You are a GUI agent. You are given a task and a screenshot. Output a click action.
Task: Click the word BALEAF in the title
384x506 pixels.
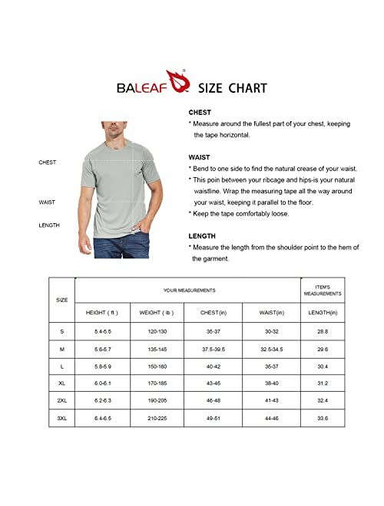[x=144, y=89]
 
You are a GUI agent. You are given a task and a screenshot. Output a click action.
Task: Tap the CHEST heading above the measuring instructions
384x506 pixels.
[x=200, y=112]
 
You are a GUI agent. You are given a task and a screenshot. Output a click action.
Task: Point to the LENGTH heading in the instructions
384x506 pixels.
[x=202, y=236]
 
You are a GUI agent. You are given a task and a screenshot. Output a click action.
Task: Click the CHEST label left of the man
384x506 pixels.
[x=48, y=163]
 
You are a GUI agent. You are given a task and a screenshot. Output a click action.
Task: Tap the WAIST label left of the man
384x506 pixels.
[x=47, y=202]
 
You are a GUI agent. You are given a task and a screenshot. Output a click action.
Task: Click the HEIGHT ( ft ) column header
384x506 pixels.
[x=101, y=313]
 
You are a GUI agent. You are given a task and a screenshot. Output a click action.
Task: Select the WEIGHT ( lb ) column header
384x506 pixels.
[x=157, y=313]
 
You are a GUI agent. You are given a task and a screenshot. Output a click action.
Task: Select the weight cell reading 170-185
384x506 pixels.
[x=157, y=383]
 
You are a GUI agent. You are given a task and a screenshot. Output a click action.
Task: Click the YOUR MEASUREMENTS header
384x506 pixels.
[x=188, y=290]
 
